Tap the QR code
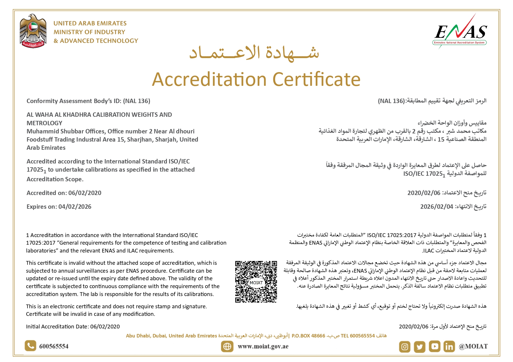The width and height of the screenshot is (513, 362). pos(256,282)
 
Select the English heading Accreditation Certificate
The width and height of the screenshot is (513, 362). pos(256,79)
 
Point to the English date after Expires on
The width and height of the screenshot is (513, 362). pos(75,207)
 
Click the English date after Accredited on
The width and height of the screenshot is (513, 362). pos(85,193)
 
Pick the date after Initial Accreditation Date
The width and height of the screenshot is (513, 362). pos(105,327)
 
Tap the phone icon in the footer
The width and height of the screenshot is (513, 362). pos(30,346)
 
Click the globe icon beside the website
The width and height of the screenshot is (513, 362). pos(227,347)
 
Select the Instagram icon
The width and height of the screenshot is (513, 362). pos(405,347)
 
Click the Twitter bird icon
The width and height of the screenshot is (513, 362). pos(419,347)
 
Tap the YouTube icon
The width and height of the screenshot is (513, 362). pos(434,347)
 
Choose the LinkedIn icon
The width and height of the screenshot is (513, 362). pos(449,347)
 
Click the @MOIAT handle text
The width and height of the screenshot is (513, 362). pos(473,347)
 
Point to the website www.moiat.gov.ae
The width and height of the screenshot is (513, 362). pos(263,347)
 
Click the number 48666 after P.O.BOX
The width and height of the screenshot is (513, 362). pos(318,336)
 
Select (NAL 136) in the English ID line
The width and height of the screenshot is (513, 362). pos(137,101)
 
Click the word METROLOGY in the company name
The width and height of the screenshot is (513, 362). pos(44,123)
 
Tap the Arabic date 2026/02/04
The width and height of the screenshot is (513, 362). pos(436,207)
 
